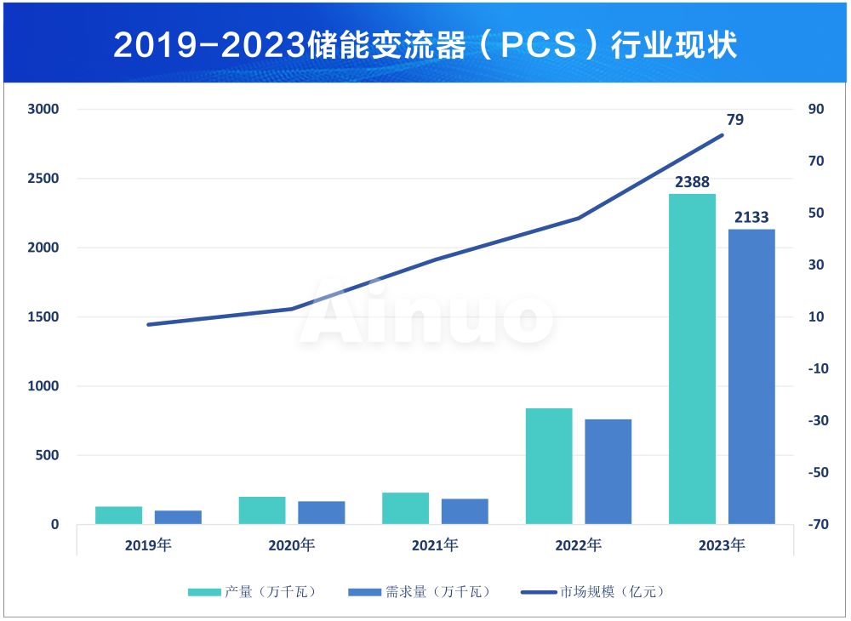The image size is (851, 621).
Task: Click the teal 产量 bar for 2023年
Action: pos(692,358)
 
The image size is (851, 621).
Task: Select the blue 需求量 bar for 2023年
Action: pos(751,376)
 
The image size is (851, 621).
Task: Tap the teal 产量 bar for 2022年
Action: pos(549,465)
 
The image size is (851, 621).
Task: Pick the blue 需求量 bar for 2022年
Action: pos(608,471)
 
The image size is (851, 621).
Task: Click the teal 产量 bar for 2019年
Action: pos(118,515)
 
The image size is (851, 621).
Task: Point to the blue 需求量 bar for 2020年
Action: pos(321,512)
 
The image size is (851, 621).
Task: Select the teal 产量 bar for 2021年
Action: pos(405,508)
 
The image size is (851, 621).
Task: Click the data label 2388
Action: pos(692,182)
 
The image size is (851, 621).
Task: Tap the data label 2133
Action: pos(751,218)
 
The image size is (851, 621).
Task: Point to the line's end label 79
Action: pos(735,120)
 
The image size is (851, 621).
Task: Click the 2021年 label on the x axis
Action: pos(435,545)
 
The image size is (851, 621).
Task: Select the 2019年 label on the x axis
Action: pos(148,545)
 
